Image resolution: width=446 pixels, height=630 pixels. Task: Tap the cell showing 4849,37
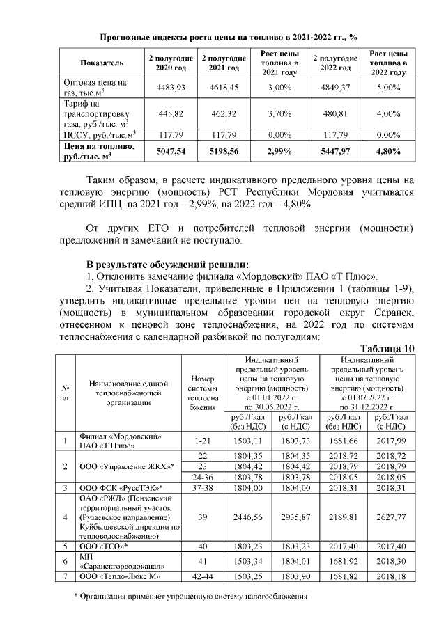click(336, 88)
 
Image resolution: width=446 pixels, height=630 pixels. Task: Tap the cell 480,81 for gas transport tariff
click(336, 113)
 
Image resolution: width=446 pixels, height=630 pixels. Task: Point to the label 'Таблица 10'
click(387, 348)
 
